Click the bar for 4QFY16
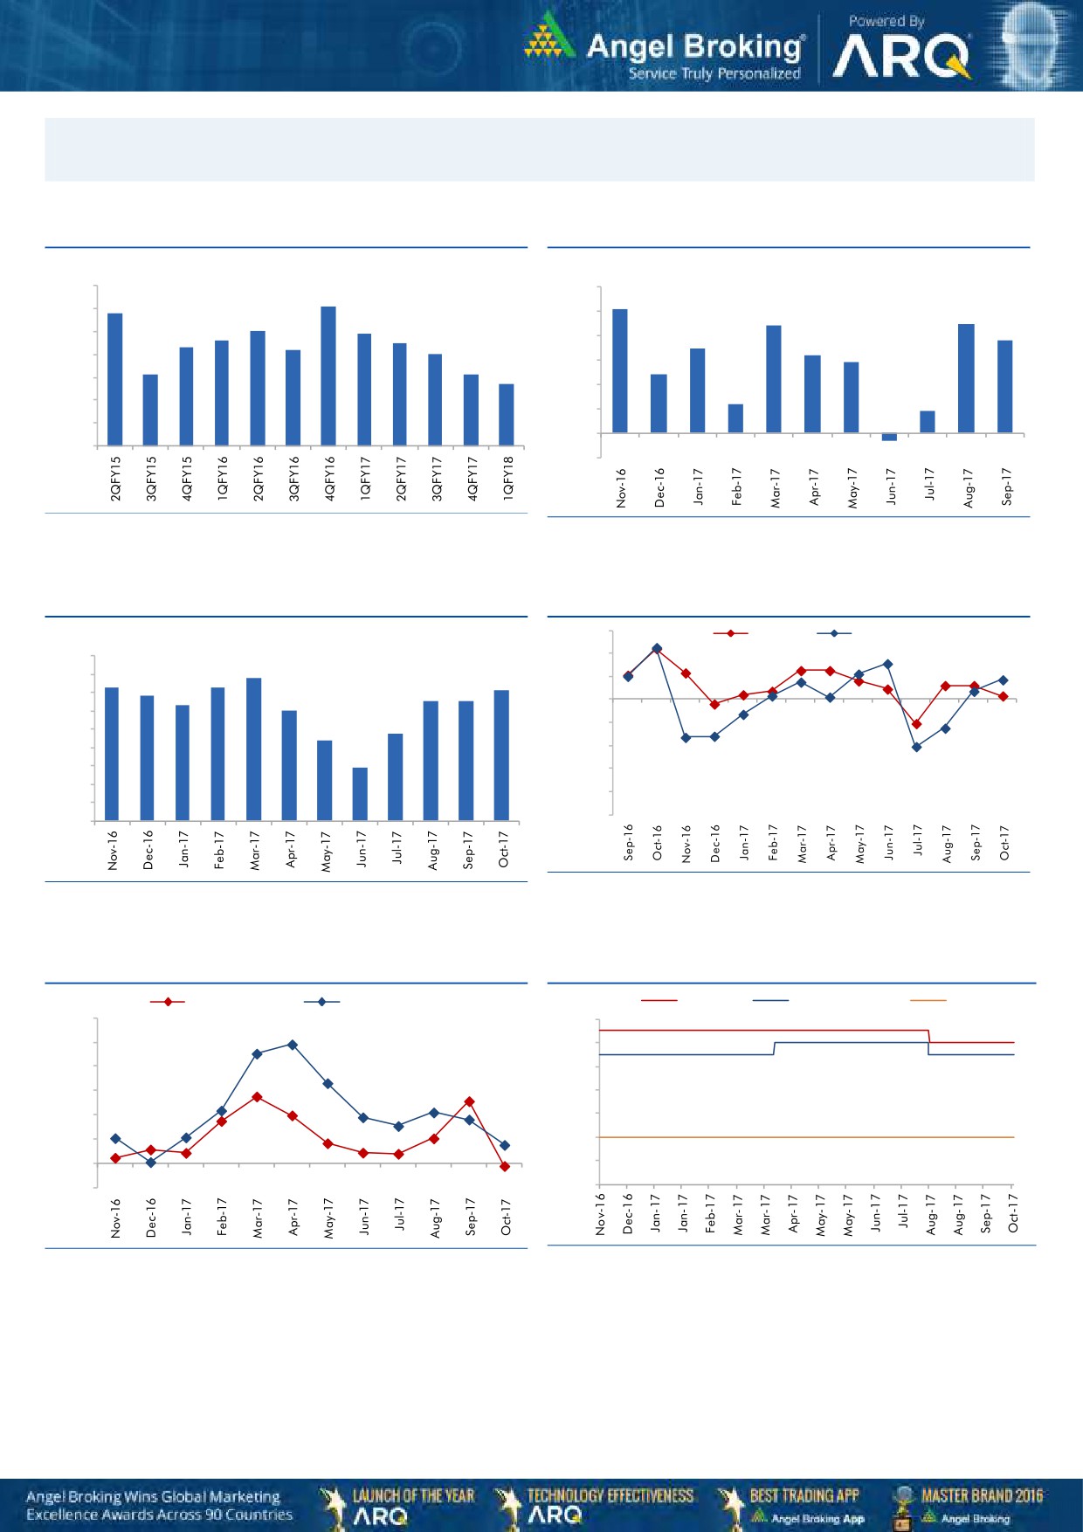(328, 376)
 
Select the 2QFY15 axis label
(115, 478)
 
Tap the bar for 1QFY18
(507, 415)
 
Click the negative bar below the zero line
(889, 437)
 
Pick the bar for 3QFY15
(150, 410)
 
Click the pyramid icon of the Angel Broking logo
(547, 37)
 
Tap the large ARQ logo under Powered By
(901, 58)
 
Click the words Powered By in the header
(886, 21)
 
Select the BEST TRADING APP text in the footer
(804, 1495)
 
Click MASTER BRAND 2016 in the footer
(982, 1495)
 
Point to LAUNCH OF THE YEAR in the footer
(413, 1495)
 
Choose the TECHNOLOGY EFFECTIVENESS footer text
(610, 1495)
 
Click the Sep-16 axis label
(629, 842)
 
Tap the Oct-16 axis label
(658, 842)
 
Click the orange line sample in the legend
(928, 1000)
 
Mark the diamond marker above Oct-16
(657, 648)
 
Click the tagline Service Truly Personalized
(714, 74)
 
